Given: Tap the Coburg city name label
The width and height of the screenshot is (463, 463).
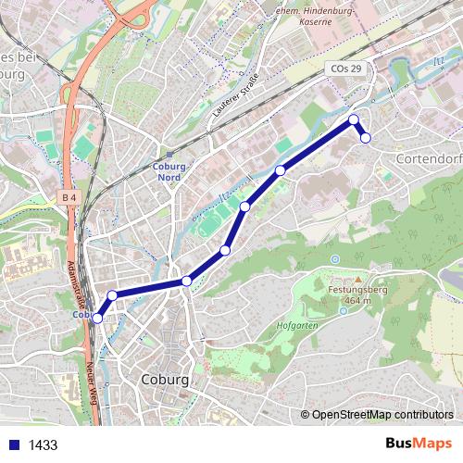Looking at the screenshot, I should (x=167, y=380).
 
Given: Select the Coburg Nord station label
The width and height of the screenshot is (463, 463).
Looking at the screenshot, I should (x=168, y=171).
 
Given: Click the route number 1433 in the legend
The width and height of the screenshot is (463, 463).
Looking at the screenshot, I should (x=43, y=444).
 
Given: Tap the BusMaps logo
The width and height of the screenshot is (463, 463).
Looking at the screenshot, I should (x=419, y=444).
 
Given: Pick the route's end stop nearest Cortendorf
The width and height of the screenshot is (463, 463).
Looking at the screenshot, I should (x=366, y=138).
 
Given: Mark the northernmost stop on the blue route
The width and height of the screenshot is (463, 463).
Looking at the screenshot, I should (x=353, y=119).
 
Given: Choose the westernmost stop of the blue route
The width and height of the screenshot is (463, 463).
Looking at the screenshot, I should (x=97, y=319).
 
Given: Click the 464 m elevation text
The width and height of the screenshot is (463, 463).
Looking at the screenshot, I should (x=357, y=301).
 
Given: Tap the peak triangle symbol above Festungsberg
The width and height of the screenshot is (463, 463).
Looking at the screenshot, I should (x=357, y=279).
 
